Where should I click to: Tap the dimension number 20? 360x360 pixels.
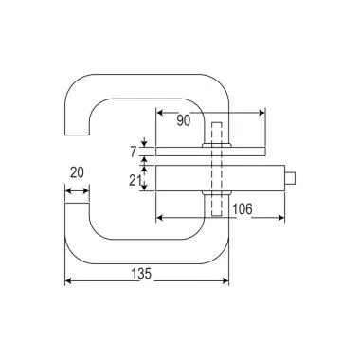(x=78, y=173)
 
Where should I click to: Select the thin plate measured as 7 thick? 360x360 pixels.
(x=237, y=151)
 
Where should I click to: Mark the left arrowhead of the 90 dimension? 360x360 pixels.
(x=158, y=112)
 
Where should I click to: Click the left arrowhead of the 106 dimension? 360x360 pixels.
(x=160, y=217)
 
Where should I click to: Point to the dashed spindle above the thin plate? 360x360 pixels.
(x=216, y=134)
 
